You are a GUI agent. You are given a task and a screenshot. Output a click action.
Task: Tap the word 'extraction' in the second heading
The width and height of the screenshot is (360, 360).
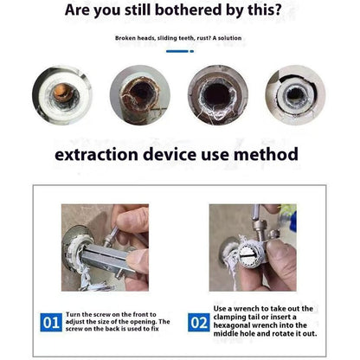coord(101,155)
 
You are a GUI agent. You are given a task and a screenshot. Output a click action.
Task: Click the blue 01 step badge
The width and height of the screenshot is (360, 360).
coord(51,323)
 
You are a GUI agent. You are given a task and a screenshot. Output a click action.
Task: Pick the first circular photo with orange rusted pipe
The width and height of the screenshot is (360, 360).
coord(61,94)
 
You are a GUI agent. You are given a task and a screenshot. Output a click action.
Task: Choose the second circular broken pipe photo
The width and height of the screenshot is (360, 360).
coord(140,94)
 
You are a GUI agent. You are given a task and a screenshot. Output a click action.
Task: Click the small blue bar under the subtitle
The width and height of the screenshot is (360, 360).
coord(180,51)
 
